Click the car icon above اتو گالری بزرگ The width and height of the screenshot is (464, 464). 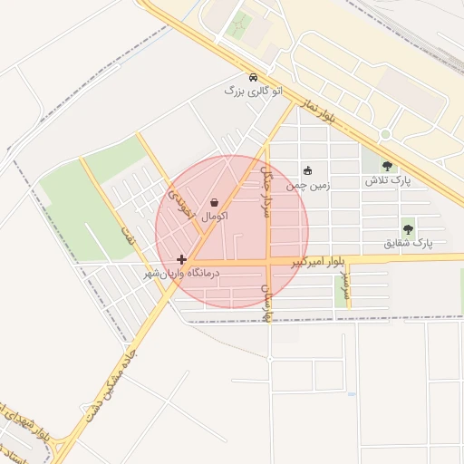253,77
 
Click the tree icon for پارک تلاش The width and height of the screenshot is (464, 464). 388,167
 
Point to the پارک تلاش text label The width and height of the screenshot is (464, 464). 388,181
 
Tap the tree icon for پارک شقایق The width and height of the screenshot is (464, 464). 408,229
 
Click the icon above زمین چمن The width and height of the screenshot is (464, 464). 307,170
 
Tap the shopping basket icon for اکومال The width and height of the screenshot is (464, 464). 214,203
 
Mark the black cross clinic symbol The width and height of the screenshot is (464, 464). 181,259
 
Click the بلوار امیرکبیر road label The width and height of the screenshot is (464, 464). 318,262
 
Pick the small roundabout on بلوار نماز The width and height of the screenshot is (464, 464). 385,134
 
